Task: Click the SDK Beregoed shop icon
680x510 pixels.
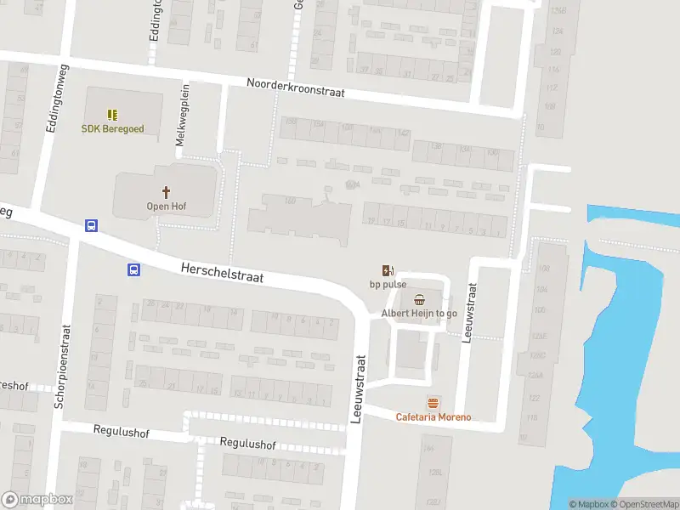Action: [112, 114]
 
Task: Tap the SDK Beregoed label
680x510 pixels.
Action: [112, 129]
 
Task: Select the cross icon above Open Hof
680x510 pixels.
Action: [167, 192]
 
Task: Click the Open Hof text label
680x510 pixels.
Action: [167, 207]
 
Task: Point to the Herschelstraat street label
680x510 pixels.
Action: [222, 272]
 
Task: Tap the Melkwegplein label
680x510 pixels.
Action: [180, 115]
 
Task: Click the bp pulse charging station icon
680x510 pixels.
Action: [388, 270]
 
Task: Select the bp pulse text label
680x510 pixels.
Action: [388, 285]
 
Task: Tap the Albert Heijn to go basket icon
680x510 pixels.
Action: [419, 299]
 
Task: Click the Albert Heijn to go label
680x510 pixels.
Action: [419, 314]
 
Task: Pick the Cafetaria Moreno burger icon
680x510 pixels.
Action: [433, 403]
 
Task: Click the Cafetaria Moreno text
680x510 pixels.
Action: [433, 417]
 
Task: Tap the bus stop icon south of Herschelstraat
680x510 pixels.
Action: [133, 270]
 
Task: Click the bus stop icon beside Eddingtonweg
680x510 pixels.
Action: [90, 226]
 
